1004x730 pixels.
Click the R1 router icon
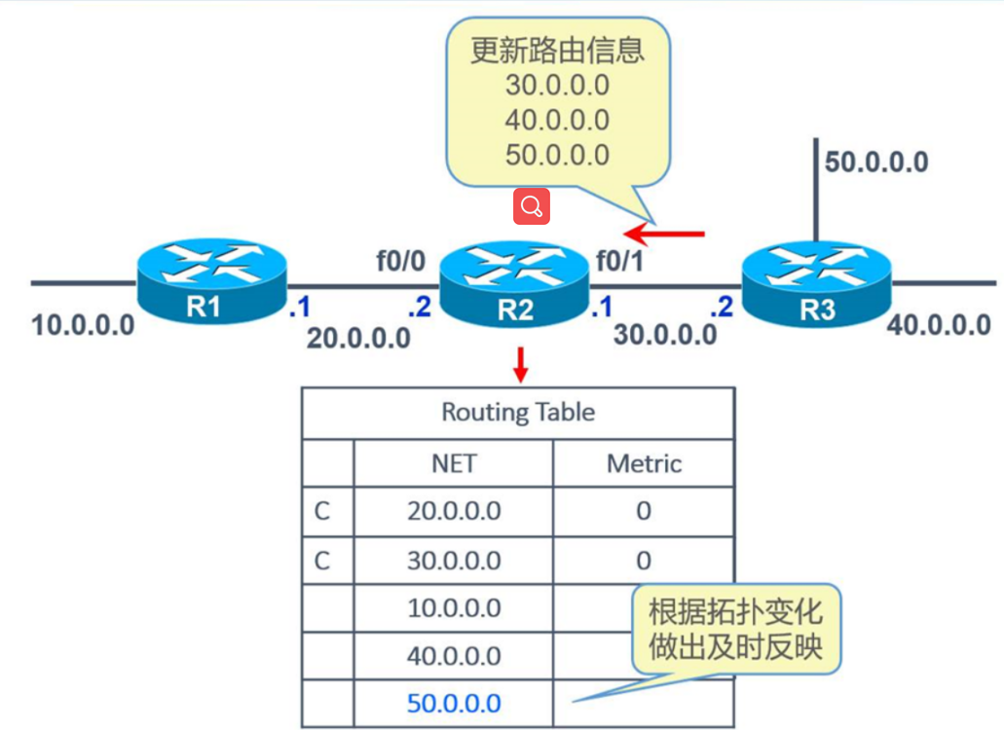click(212, 280)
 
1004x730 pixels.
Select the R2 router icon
click(514, 282)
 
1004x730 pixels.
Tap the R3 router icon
click(816, 282)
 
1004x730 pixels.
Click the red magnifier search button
click(532, 206)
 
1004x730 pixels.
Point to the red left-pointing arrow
click(664, 234)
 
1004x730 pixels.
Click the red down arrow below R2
click(521, 363)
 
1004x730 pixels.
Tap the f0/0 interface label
click(401, 260)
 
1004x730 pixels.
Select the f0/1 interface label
click(619, 260)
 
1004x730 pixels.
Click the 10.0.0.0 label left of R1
click(83, 325)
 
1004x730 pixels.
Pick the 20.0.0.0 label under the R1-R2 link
click(358, 338)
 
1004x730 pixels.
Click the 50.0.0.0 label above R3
click(876, 162)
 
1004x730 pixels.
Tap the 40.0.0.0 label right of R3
click(939, 325)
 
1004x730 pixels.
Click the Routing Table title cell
click(518, 413)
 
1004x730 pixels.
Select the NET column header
click(454, 463)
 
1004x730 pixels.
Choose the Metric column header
click(643, 463)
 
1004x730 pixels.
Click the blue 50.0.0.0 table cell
click(454, 703)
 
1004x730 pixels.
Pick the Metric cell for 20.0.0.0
click(643, 511)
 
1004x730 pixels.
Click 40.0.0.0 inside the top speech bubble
click(557, 120)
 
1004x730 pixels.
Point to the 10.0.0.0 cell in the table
click(454, 608)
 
